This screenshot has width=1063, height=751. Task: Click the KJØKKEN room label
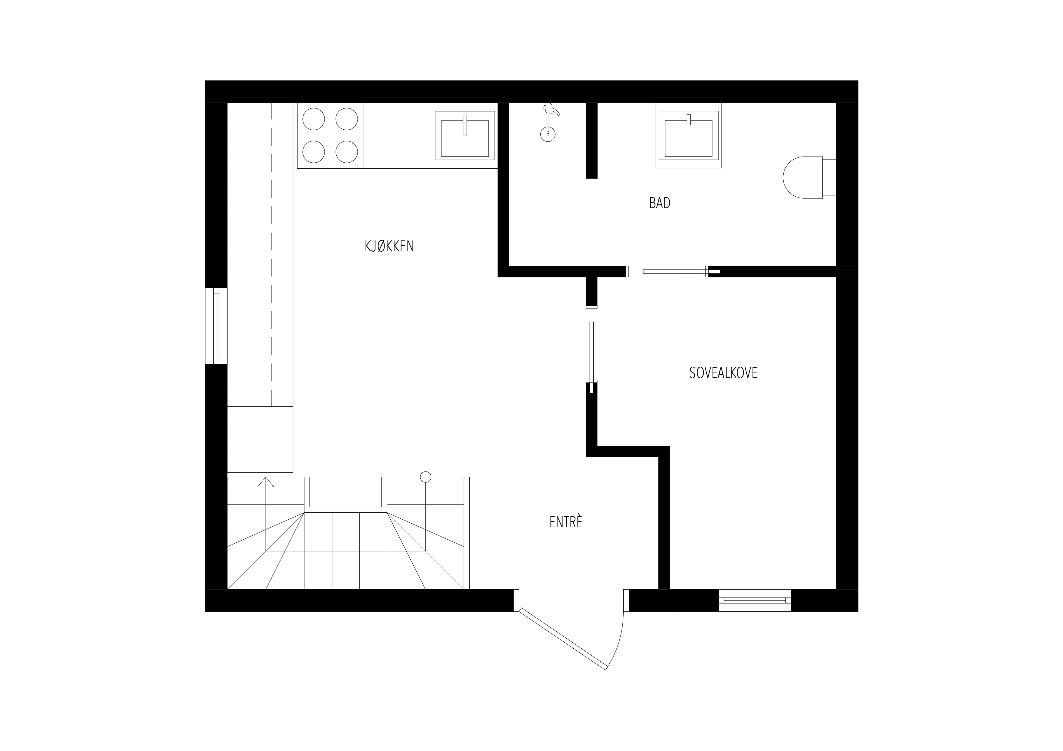point(389,246)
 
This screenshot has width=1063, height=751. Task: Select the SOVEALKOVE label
point(723,373)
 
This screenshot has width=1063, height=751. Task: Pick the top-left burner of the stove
point(313,119)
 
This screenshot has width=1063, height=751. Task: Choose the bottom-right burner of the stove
point(347,152)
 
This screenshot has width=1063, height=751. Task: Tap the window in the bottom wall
point(755,600)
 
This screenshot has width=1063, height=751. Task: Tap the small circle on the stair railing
point(425,477)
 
